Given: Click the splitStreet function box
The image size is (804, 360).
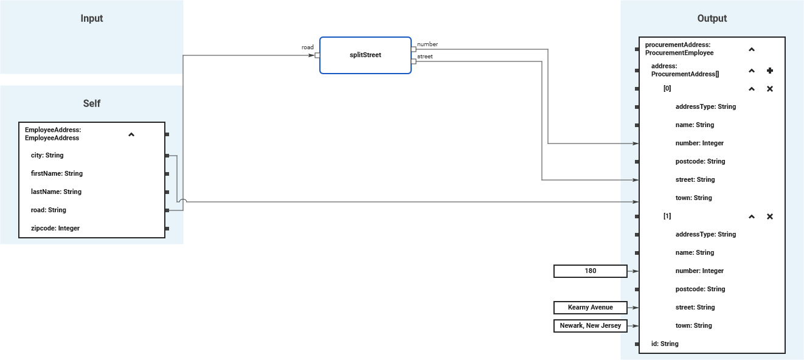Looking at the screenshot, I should coord(365,55).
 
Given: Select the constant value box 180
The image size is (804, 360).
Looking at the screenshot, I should coord(590,271).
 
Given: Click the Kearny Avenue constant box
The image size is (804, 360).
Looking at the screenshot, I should coord(590,308).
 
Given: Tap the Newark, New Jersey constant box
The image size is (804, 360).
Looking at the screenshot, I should coord(590,326).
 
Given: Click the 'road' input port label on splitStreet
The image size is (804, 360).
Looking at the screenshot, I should coord(308,47).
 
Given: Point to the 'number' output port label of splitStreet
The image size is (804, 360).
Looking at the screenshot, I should coord(428,44).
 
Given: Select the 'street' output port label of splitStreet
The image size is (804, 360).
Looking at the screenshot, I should coord(425,57).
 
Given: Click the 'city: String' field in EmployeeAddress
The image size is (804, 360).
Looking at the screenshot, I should coord(47,156).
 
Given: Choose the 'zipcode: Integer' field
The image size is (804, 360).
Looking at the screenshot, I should coord(55,229).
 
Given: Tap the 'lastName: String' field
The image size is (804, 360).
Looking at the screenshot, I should coord(56,192).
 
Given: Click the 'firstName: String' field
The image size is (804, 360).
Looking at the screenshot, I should coord(57,174).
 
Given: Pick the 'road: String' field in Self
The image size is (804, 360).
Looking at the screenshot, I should coord(49,210).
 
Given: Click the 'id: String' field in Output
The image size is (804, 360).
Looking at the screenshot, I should coord(665,344).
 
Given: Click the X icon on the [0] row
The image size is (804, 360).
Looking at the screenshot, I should coord(769,89).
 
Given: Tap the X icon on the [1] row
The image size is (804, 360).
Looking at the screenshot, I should coord(769,216).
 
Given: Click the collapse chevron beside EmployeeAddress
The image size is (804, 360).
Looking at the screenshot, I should coord(131,134).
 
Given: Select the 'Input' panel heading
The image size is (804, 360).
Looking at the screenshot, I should coord(92,19).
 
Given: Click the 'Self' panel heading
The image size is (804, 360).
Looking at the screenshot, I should coord(92,104).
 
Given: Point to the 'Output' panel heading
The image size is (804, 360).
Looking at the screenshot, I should coord(712,19).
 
